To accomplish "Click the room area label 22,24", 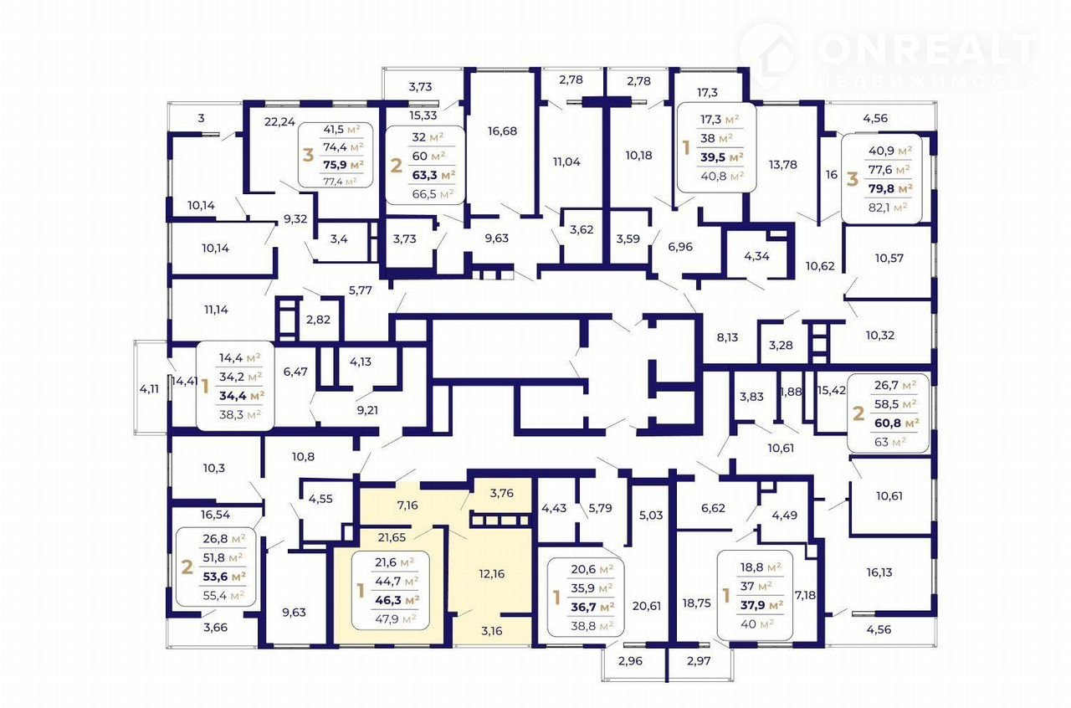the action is [x=279, y=122].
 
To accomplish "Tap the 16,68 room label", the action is [x=502, y=131].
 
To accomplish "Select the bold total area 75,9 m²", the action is [x=343, y=165].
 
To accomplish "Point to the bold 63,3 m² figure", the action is [x=433, y=175].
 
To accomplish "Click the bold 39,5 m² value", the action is [x=722, y=157].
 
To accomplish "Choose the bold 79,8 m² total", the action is [x=890, y=188].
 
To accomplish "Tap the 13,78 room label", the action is [x=782, y=165].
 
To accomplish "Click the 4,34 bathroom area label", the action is [x=756, y=256].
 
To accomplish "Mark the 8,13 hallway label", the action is [x=727, y=337].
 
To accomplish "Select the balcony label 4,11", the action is [x=149, y=389].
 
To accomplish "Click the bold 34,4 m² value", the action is [x=242, y=396].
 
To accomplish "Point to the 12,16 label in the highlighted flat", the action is [x=491, y=573].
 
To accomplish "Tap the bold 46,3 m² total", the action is [x=397, y=600].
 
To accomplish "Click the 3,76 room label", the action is [x=501, y=493].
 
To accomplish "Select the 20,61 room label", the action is [x=647, y=606].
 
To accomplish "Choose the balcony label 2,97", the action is [x=699, y=661].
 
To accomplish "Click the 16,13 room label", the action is [x=879, y=572].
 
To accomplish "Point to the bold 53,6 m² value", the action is [x=224, y=577].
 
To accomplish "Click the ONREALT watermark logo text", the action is [x=928, y=49].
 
